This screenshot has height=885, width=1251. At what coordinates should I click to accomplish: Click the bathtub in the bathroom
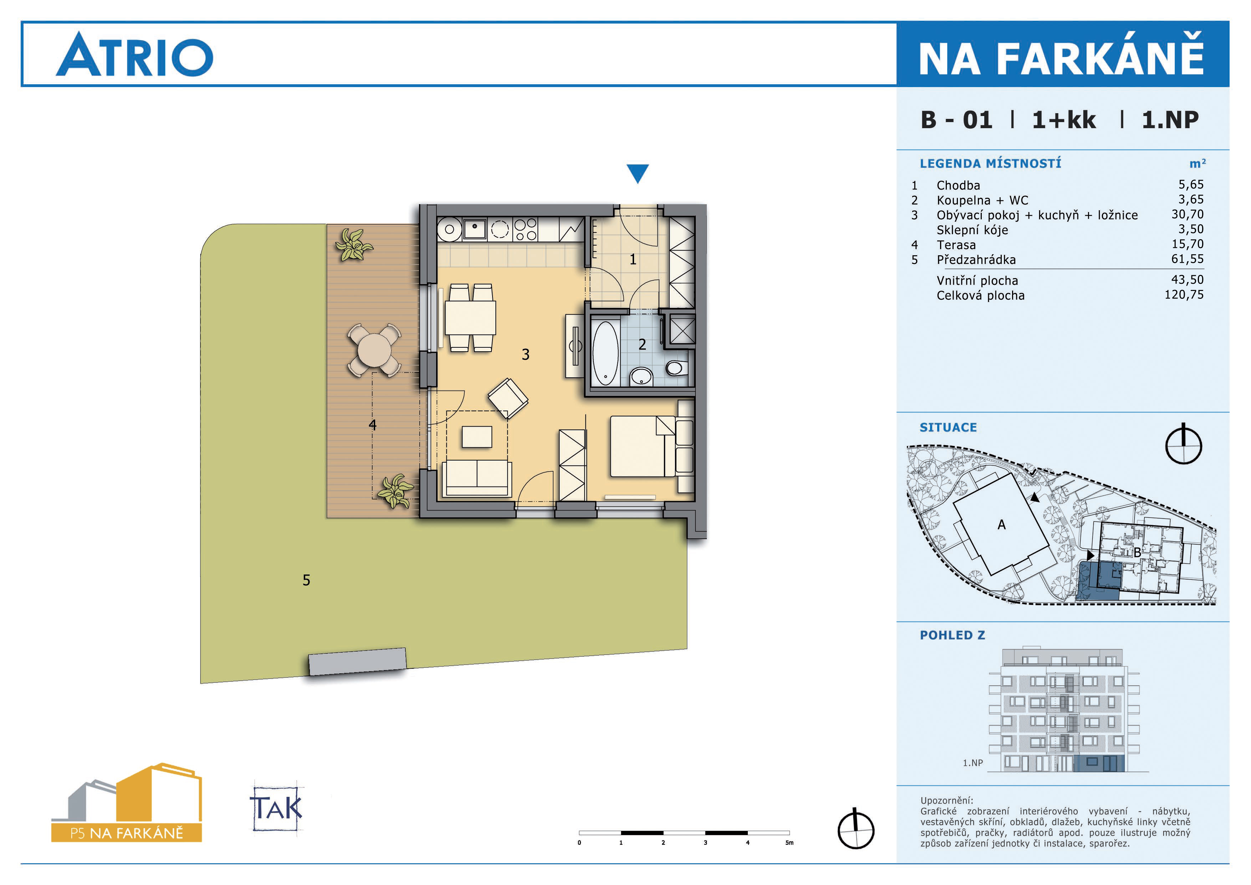605,353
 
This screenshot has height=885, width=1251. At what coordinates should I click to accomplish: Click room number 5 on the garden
306,580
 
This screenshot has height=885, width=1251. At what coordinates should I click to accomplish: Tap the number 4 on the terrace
373,425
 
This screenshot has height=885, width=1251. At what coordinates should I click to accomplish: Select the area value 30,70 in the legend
1188,214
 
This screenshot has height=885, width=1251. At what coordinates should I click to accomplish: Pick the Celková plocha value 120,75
1184,295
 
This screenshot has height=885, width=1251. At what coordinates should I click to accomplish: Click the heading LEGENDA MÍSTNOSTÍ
991,163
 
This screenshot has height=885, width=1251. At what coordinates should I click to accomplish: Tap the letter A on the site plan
1001,524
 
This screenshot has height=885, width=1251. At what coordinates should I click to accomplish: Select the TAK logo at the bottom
277,807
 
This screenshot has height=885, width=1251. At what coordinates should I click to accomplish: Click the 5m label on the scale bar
789,843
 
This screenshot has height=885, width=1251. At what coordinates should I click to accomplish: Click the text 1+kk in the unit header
1063,120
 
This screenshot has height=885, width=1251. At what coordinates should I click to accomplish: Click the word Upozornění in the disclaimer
946,800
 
